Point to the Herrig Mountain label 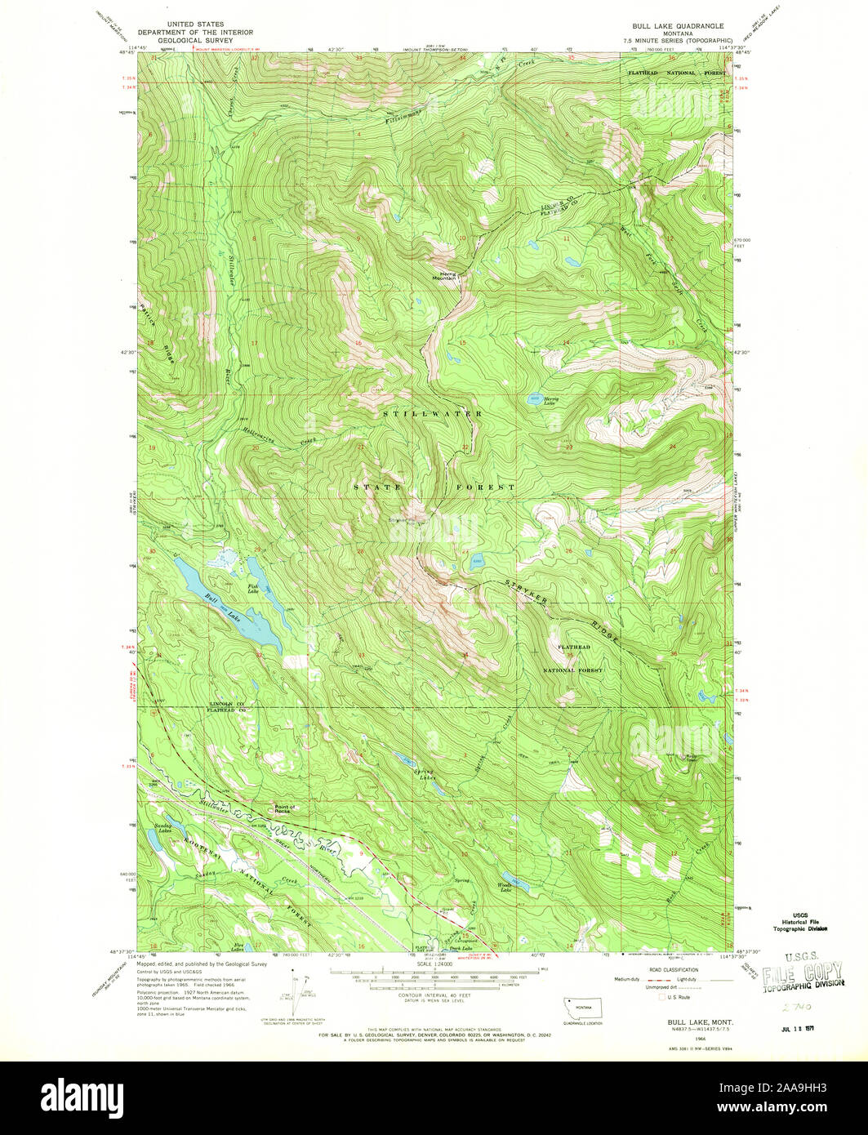(445, 276)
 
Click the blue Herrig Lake (532, 400)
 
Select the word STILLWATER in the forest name (433, 415)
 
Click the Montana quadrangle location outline (581, 1006)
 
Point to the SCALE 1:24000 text (434, 961)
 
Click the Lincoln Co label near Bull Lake (222, 704)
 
